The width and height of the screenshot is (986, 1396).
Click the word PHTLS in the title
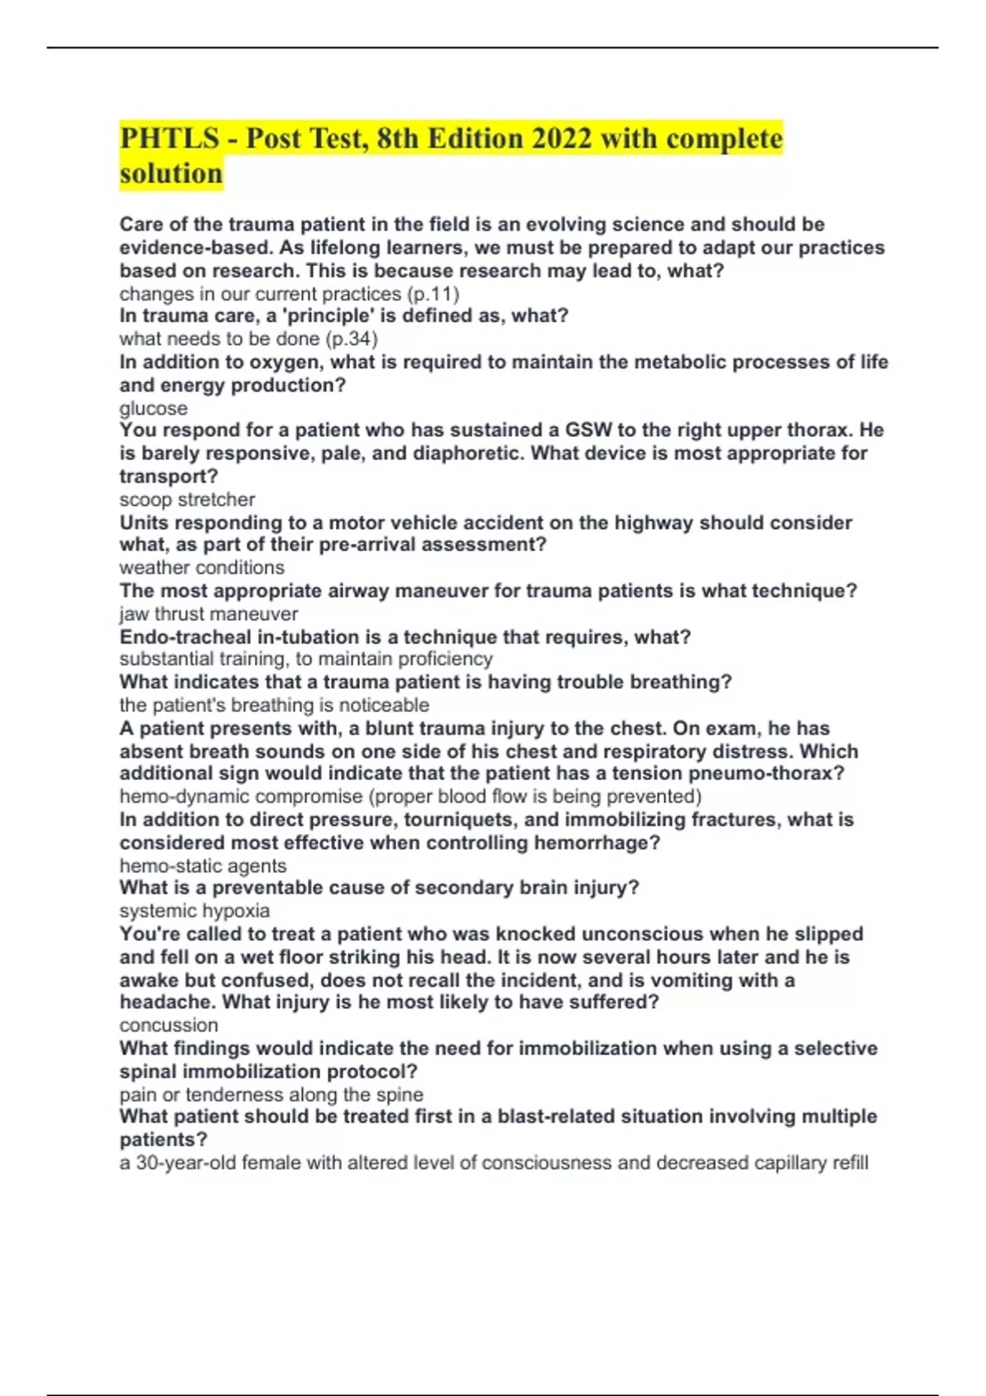tap(170, 138)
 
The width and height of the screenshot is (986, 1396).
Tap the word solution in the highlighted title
tap(171, 173)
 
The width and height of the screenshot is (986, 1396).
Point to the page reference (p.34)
tap(352, 338)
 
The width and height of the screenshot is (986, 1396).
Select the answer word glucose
tap(154, 408)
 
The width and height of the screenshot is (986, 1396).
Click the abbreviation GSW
tap(588, 430)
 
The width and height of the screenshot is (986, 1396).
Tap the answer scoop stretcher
tap(187, 499)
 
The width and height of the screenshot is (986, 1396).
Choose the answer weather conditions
tap(202, 567)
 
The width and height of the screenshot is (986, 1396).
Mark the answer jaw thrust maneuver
tap(209, 613)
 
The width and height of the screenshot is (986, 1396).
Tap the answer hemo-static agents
tap(203, 866)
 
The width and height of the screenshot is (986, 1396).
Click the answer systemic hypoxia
tap(195, 911)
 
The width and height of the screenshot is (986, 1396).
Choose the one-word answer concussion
tap(169, 1025)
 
